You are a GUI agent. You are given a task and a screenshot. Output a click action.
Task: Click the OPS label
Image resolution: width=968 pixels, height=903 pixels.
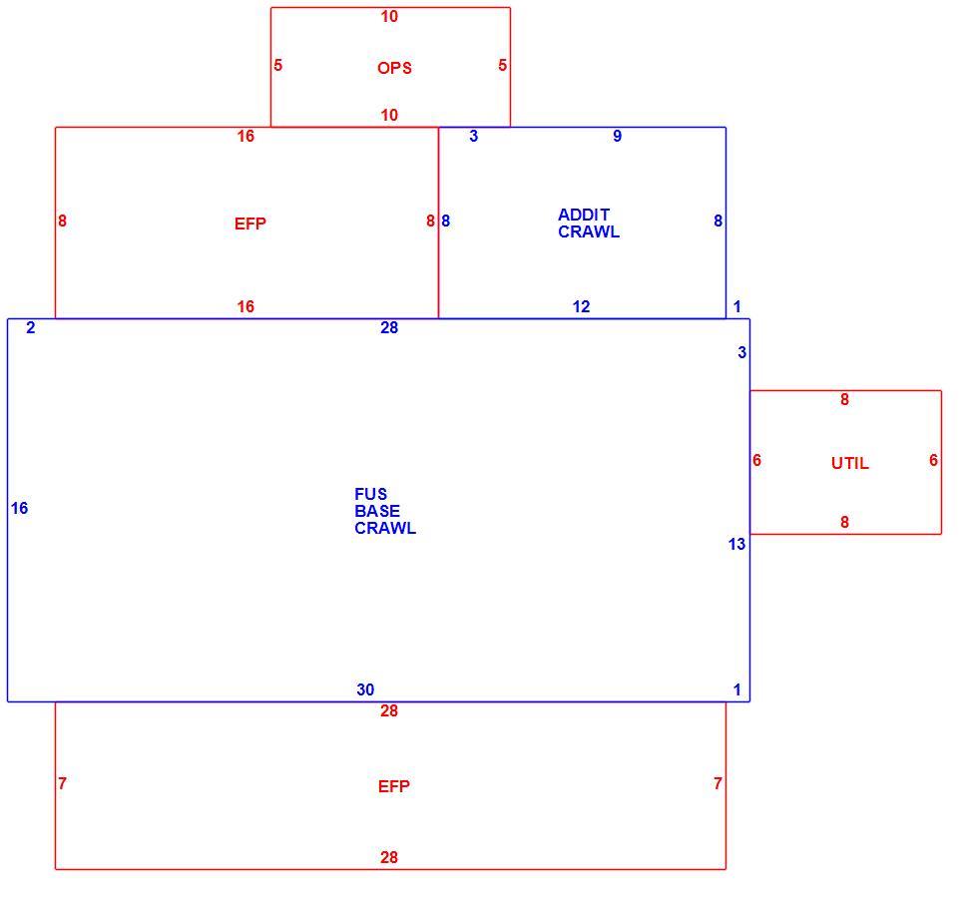point(394,68)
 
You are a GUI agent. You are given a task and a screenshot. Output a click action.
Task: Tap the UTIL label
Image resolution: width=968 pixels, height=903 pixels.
point(850,463)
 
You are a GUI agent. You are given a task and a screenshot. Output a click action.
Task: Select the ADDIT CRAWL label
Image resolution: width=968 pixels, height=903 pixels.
point(589,224)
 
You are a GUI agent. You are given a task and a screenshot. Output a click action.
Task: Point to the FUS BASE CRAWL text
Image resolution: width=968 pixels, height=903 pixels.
point(384,511)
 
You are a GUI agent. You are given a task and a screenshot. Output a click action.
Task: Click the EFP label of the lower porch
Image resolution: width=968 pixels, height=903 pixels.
point(394,786)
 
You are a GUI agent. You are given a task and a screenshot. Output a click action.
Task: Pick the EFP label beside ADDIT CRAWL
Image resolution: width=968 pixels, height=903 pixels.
point(250,224)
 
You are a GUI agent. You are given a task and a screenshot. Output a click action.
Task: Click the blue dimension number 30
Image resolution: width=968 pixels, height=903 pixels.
point(365,689)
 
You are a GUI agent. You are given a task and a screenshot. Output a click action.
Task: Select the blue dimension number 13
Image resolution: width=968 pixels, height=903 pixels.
point(736,544)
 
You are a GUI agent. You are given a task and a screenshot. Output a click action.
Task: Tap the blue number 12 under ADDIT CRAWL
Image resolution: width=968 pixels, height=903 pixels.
point(581,306)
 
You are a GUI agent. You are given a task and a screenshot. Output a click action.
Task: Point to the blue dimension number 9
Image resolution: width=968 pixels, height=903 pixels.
point(617,136)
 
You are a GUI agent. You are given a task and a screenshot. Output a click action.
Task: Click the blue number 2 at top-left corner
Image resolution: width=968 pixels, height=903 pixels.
point(30,327)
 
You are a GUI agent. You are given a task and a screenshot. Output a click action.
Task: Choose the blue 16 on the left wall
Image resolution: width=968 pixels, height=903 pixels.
point(19,508)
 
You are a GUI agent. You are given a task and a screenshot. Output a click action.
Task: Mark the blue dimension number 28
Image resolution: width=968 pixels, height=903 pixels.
point(389,327)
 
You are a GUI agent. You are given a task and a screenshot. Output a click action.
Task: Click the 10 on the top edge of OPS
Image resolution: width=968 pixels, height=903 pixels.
point(389,16)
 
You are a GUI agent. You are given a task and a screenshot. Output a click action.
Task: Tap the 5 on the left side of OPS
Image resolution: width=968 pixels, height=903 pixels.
point(277,65)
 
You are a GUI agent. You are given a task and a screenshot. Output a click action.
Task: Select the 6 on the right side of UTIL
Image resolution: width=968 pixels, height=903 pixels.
point(933,460)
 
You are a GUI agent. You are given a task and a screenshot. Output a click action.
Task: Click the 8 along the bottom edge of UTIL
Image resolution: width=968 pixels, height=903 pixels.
point(844,522)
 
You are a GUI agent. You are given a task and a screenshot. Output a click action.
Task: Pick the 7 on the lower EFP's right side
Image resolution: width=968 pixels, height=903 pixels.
point(718,783)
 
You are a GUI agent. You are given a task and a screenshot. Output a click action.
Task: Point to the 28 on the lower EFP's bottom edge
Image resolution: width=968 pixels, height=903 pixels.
point(389,857)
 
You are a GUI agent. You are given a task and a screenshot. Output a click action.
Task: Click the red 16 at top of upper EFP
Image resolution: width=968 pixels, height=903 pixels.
point(245,136)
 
